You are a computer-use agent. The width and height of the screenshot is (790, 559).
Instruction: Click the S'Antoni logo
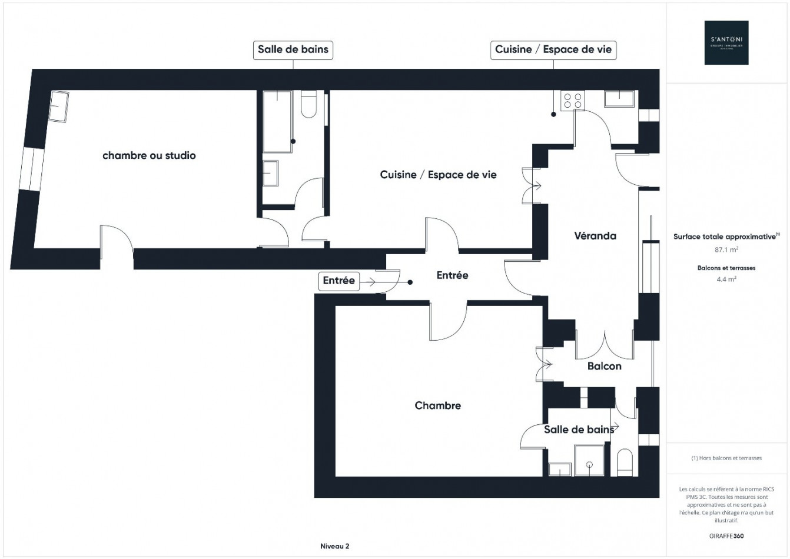point(726,42)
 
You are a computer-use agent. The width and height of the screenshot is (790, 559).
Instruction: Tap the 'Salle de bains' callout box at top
point(293,49)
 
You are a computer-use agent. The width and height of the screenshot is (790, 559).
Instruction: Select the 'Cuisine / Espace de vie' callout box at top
point(553,49)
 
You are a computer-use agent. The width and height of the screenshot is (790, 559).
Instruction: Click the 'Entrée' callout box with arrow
point(338,281)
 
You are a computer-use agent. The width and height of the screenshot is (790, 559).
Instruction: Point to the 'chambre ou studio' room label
point(149,155)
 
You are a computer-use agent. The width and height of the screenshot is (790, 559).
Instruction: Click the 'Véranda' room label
point(595,236)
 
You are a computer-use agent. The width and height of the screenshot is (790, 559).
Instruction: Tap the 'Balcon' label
point(604,366)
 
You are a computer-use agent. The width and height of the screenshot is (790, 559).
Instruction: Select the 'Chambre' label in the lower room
point(437,405)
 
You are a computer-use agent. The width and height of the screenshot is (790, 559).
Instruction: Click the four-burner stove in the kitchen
point(572,101)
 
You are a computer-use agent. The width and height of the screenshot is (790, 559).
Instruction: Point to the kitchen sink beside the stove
point(619,99)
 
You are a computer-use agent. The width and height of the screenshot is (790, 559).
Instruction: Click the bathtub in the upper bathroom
point(277,122)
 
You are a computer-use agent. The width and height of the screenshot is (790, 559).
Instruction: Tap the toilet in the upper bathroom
point(309,104)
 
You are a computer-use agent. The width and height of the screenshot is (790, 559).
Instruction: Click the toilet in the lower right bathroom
point(625,462)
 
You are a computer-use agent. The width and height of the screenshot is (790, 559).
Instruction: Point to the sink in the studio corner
point(58,106)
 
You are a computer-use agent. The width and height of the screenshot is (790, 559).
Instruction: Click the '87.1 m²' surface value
point(726,249)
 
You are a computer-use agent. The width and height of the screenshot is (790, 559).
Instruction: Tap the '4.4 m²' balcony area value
point(726,279)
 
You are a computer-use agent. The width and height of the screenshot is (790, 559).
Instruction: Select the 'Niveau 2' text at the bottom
point(335,546)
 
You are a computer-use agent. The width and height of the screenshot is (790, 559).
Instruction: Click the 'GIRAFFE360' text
point(726,536)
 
